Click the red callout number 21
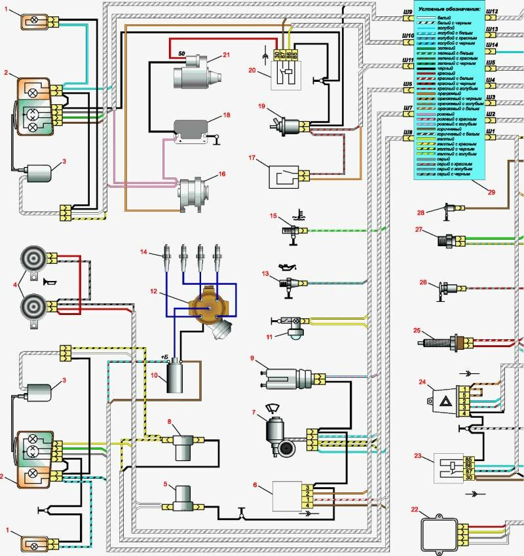pos(226,55)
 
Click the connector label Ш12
pos(493,11)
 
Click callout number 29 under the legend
pos(491,191)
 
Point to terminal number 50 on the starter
pos(181,54)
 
